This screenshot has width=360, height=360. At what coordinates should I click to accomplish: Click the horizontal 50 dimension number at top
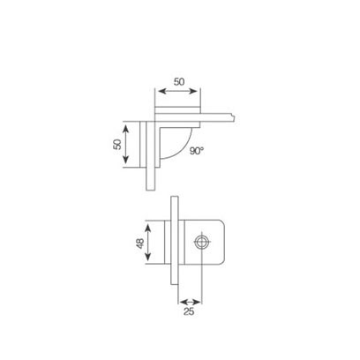click(x=179, y=81)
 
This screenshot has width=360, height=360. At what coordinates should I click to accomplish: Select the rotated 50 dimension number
click(x=117, y=145)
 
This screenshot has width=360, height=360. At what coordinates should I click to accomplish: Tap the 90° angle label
click(x=197, y=151)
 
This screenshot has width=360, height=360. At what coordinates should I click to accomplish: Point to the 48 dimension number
click(x=140, y=244)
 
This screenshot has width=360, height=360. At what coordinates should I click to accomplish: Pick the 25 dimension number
click(x=189, y=311)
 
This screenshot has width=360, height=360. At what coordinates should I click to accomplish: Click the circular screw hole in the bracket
click(x=203, y=242)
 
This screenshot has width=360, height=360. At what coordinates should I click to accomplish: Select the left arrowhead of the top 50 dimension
click(x=162, y=91)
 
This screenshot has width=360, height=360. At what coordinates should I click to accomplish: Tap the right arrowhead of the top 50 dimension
click(x=193, y=91)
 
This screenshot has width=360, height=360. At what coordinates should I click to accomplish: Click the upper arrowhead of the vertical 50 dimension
click(x=125, y=129)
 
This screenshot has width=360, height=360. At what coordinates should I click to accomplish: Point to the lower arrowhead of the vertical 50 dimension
click(x=125, y=160)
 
